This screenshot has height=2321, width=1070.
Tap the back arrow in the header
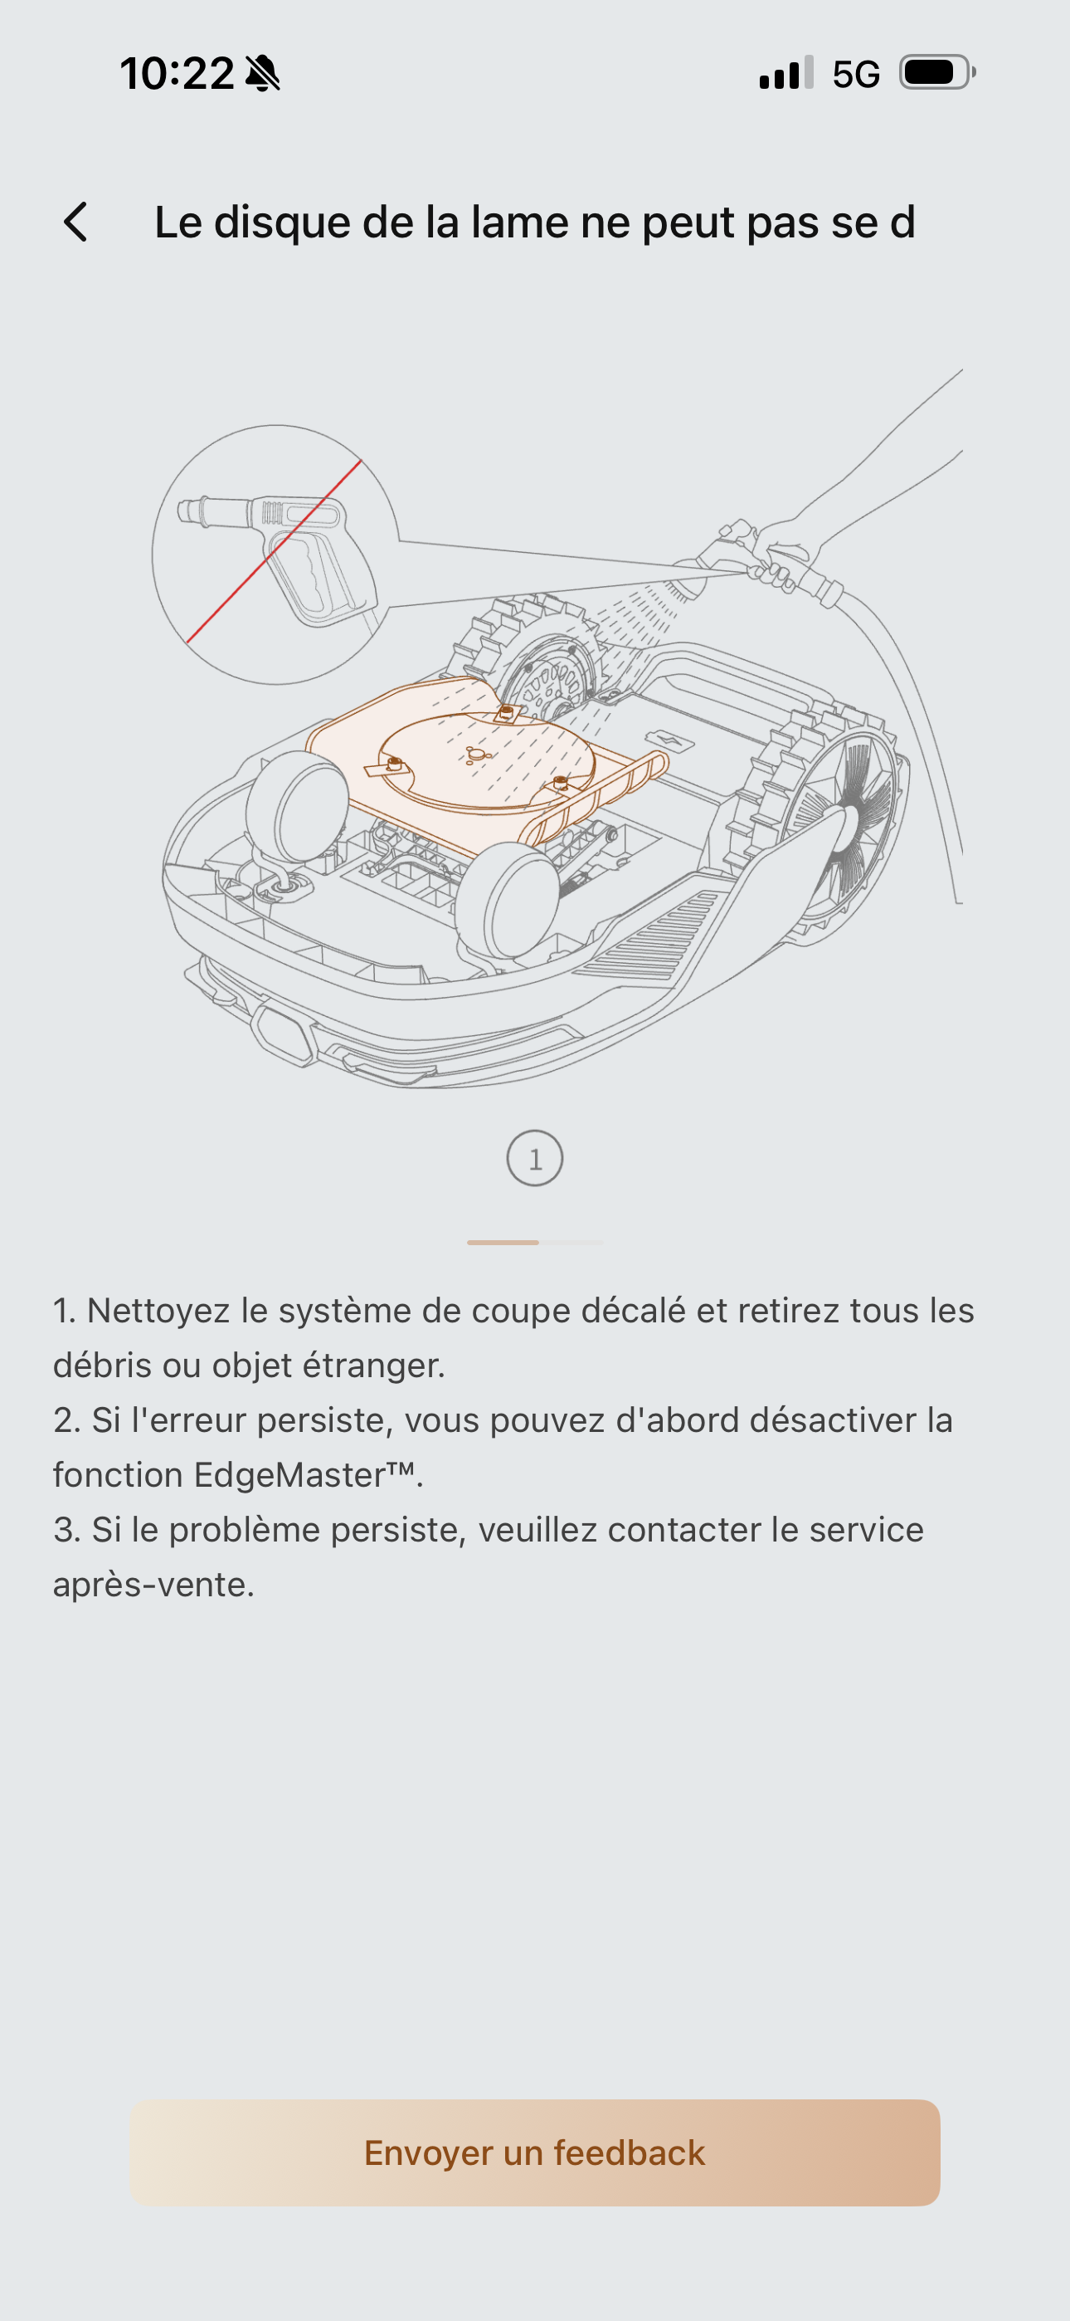(75, 222)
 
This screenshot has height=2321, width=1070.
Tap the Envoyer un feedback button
(535, 2152)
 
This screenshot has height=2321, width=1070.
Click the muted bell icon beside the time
(263, 73)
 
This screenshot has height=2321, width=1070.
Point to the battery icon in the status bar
(937, 72)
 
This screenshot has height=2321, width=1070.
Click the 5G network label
(856, 74)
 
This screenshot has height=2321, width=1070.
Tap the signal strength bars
(786, 72)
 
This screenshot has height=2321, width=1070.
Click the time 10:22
(178, 73)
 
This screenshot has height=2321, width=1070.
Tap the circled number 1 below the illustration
(535, 1158)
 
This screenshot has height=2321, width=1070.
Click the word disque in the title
(282, 223)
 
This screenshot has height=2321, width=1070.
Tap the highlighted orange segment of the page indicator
(503, 1243)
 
